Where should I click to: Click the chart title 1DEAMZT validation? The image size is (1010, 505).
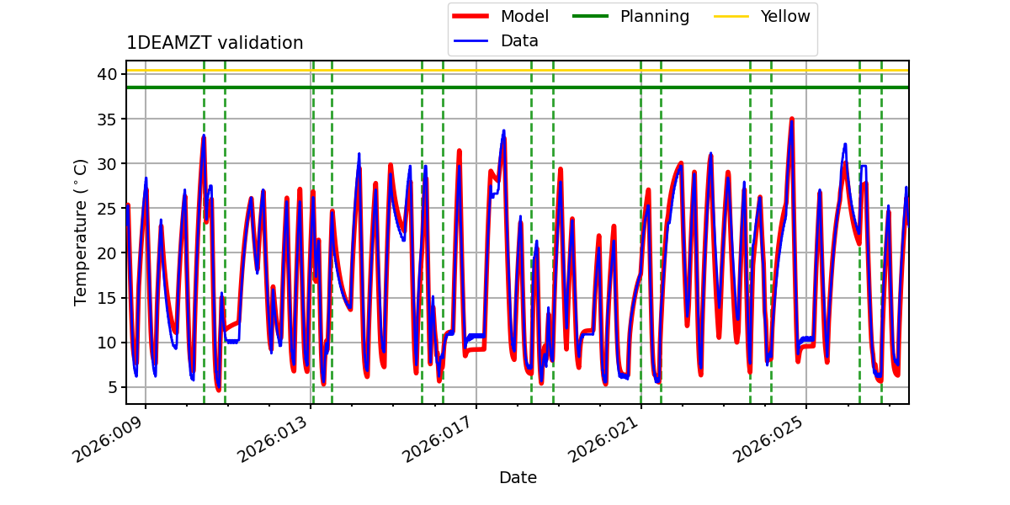click(215, 43)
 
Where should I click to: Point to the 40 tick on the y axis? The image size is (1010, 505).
click(108, 74)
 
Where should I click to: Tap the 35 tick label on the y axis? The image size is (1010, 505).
click(108, 119)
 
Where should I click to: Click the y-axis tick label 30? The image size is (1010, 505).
click(108, 163)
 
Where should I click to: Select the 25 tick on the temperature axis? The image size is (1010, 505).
click(108, 209)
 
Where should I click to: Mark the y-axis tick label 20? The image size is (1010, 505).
click(108, 253)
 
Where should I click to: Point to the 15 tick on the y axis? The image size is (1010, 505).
click(108, 298)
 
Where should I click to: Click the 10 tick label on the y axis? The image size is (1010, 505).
click(108, 343)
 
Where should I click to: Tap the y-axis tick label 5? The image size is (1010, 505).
click(113, 387)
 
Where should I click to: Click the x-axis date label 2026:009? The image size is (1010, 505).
click(108, 439)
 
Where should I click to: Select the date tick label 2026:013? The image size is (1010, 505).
click(273, 439)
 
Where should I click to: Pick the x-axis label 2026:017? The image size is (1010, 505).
click(438, 439)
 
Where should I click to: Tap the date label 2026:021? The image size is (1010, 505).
click(603, 439)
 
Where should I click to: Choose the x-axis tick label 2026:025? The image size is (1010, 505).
click(768, 439)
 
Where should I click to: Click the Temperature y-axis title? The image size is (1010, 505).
click(80, 232)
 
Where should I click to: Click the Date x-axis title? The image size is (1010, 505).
click(518, 477)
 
